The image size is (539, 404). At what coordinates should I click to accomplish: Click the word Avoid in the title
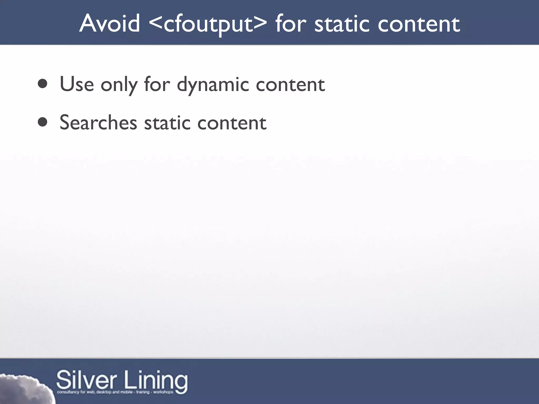click(x=109, y=24)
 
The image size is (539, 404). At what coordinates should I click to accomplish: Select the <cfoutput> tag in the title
click(x=208, y=24)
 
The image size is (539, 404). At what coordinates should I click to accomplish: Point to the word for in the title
click(x=291, y=24)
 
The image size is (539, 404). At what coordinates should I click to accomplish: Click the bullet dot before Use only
click(x=42, y=84)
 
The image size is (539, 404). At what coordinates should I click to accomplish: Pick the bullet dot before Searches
click(x=42, y=122)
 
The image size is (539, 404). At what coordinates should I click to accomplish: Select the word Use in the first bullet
click(x=77, y=84)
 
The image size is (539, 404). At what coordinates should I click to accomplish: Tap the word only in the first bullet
click(x=119, y=85)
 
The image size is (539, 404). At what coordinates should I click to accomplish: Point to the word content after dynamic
click(x=290, y=85)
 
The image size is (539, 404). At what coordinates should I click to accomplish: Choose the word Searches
click(x=98, y=123)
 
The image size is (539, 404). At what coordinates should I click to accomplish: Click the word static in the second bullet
click(x=167, y=123)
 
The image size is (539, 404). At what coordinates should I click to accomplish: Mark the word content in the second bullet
click(x=232, y=123)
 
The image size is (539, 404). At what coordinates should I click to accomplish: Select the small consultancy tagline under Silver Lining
click(x=115, y=392)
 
